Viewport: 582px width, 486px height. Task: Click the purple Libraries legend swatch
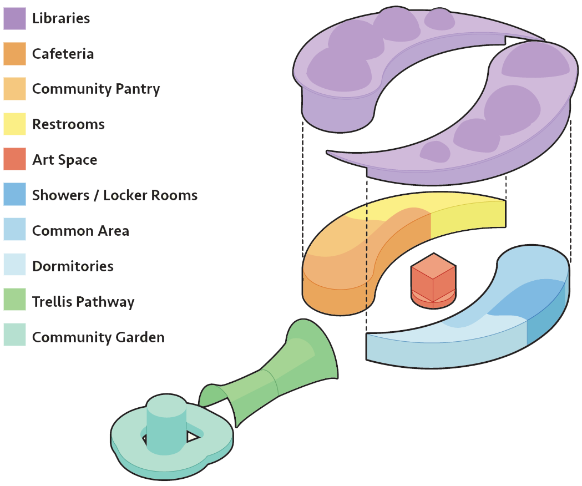(14, 18)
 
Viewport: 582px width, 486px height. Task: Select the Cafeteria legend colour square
(14, 54)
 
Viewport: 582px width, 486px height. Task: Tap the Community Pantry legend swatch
(14, 89)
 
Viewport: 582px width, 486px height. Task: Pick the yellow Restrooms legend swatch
(14, 124)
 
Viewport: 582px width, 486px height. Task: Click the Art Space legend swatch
(14, 160)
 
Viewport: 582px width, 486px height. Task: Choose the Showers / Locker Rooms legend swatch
(14, 195)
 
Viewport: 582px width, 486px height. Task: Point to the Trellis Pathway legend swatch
(14, 302)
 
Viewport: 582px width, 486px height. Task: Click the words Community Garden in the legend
(98, 337)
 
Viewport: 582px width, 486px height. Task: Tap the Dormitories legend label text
(73, 266)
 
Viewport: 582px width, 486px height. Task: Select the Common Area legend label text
(80, 231)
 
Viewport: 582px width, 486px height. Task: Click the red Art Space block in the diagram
(433, 280)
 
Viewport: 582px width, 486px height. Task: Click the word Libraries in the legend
(61, 18)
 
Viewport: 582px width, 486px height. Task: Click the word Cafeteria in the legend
(63, 54)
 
